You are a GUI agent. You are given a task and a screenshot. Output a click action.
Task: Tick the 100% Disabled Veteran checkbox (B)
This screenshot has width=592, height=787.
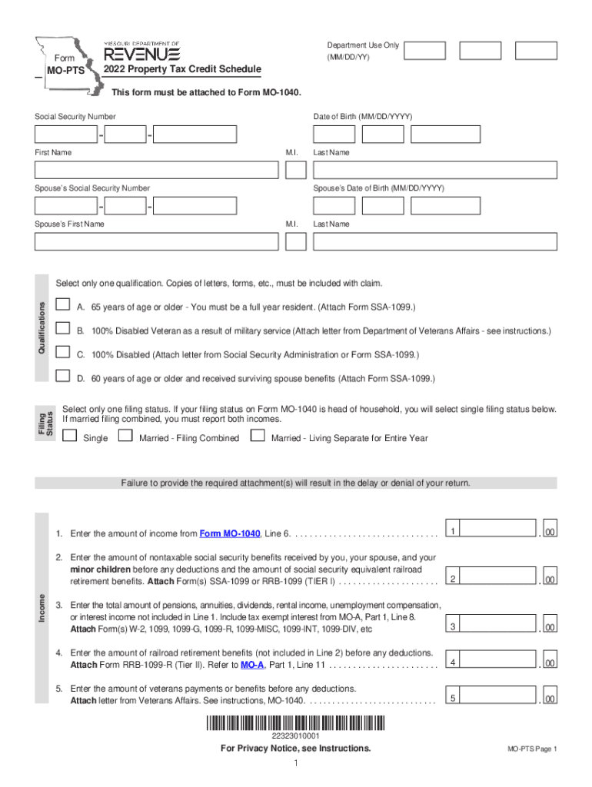click(x=64, y=330)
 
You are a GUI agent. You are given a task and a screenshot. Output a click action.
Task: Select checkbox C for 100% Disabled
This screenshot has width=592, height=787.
click(x=64, y=354)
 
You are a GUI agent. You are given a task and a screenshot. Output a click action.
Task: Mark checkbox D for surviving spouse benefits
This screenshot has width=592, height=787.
click(x=64, y=377)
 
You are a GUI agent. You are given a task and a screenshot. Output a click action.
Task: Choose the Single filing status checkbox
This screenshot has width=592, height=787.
click(x=70, y=437)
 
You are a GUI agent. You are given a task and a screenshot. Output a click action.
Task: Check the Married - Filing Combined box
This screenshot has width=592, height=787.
click(x=125, y=437)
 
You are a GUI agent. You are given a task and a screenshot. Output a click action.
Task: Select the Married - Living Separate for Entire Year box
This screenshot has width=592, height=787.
click(x=258, y=437)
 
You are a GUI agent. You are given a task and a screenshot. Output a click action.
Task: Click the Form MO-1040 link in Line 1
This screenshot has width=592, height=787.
click(x=230, y=534)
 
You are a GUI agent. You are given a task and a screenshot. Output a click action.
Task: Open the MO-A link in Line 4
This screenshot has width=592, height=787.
click(x=249, y=664)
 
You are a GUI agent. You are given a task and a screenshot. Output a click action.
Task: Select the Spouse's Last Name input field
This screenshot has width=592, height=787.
click(x=434, y=241)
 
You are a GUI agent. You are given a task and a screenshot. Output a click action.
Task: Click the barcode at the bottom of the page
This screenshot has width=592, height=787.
click(x=295, y=723)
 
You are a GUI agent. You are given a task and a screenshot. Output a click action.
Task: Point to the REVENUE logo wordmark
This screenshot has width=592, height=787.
click(x=142, y=54)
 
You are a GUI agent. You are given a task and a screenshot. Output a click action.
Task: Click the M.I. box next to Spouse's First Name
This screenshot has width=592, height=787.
click(x=295, y=241)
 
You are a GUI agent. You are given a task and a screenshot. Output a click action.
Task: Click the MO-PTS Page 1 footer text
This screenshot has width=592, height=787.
click(x=531, y=749)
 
